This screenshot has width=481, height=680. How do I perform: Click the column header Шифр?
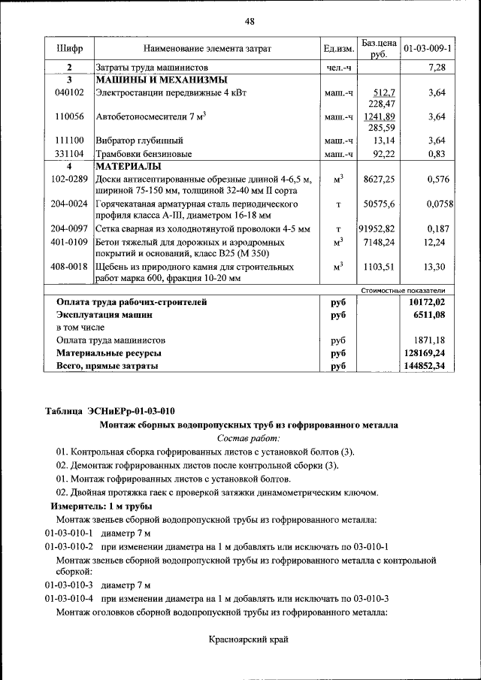click(69, 49)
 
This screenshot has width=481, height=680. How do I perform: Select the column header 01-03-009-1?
click(427, 49)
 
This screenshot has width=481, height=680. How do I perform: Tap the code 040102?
click(69, 92)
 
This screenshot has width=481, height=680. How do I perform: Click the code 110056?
click(69, 117)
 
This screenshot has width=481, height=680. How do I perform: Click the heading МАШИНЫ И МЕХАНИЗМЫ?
click(162, 80)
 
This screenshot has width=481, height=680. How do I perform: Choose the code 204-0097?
click(69, 228)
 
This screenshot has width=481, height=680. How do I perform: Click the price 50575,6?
click(380, 204)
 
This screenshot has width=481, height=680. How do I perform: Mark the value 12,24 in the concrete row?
click(435, 242)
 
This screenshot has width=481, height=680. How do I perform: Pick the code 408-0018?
click(69, 267)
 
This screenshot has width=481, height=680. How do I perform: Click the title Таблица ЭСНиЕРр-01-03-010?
click(110, 410)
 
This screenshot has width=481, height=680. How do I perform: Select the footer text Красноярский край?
click(249, 640)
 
